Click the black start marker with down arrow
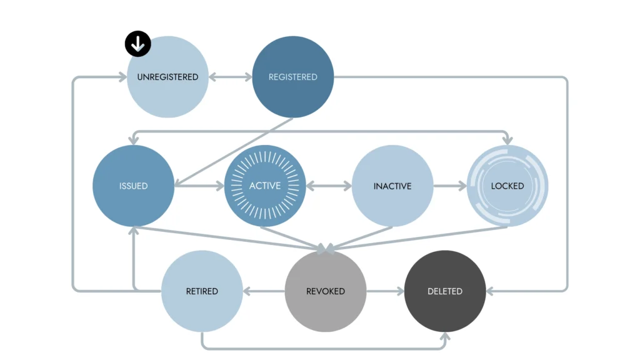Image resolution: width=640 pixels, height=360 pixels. point(137,44)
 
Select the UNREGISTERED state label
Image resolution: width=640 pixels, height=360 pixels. point(167,77)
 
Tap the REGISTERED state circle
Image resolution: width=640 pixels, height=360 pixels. point(293,77)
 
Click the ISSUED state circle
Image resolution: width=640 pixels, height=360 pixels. point(133,186)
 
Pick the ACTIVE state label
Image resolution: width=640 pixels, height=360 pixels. point(265,186)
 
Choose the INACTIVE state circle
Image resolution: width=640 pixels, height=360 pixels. point(392,186)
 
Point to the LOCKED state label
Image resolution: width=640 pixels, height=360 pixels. point(507,186)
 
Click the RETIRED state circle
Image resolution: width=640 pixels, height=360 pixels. point(202,291)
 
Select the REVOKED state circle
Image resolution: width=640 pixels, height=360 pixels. point(326,291)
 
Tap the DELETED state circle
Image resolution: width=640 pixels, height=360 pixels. point(445,291)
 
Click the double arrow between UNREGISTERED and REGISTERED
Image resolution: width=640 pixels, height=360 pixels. point(230,77)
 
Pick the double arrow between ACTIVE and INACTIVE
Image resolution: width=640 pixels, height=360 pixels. point(329,186)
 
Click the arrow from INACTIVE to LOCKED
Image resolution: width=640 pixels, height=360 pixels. point(450,186)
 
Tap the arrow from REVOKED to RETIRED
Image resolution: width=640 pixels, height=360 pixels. point(264,291)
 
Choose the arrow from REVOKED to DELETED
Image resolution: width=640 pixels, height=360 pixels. point(386,291)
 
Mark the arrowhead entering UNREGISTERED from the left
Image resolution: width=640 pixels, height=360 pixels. point(121,77)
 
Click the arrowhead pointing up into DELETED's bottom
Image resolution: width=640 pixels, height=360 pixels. point(445,337)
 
